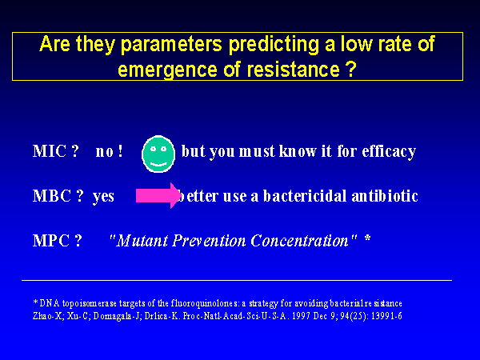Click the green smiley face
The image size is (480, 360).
pyautogui.click(x=158, y=154)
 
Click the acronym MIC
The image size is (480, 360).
pyautogui.click(x=50, y=151)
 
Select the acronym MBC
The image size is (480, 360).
pyautogui.click(x=52, y=196)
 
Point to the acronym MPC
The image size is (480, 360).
pyautogui.click(x=51, y=241)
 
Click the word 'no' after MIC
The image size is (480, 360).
pyautogui.click(x=105, y=152)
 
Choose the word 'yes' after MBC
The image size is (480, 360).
pyautogui.click(x=103, y=198)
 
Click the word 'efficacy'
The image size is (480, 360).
pyautogui.click(x=389, y=152)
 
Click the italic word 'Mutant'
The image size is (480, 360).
pyautogui.click(x=142, y=241)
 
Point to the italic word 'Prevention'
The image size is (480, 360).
pyautogui.click(x=209, y=241)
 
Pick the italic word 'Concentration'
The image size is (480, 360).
pyautogui.click(x=300, y=241)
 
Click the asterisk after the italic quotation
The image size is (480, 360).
pyautogui.click(x=368, y=238)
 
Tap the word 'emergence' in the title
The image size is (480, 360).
pyautogui.click(x=167, y=70)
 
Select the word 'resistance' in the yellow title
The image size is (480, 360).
pyautogui.click(x=293, y=69)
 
